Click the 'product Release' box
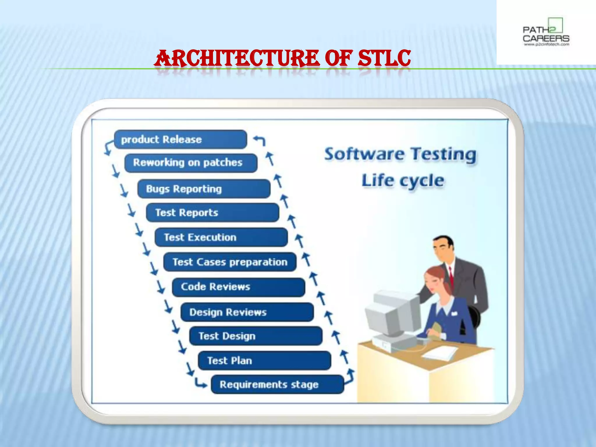coord(180,139)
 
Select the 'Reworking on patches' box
coord(191,163)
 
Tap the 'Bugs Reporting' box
coord(204,189)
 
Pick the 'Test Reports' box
coord(212,213)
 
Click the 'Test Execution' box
coord(221,237)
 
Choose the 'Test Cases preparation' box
coord(230,262)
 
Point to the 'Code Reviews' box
coord(239,287)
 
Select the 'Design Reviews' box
coord(247,312)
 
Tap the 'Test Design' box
coord(256,336)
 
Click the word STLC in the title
coord(384,58)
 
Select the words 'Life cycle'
coord(403,180)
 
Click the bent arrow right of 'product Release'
coord(260,140)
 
